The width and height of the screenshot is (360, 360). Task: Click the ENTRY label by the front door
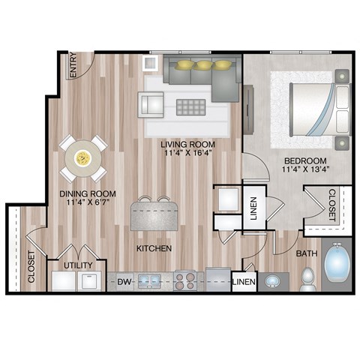click(x=73, y=65)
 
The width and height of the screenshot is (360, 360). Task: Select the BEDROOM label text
click(x=304, y=161)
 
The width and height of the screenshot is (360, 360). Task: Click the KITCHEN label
click(x=154, y=247)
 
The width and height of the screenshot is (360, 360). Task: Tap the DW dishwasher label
click(x=124, y=282)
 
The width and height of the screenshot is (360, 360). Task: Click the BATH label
click(x=305, y=254)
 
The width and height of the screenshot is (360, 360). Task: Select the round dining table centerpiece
click(x=83, y=158)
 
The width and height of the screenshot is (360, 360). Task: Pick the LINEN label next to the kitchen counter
click(x=243, y=282)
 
